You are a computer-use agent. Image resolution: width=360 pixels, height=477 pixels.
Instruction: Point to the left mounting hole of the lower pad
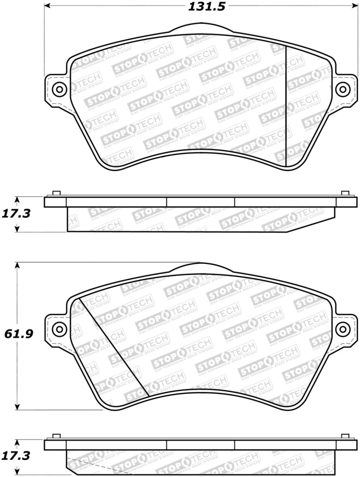[58, 329]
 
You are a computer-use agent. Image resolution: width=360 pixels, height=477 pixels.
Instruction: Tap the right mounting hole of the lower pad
[343, 329]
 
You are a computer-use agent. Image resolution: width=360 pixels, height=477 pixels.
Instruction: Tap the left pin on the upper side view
[56, 194]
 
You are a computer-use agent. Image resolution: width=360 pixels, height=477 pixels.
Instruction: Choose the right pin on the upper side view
[345, 194]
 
